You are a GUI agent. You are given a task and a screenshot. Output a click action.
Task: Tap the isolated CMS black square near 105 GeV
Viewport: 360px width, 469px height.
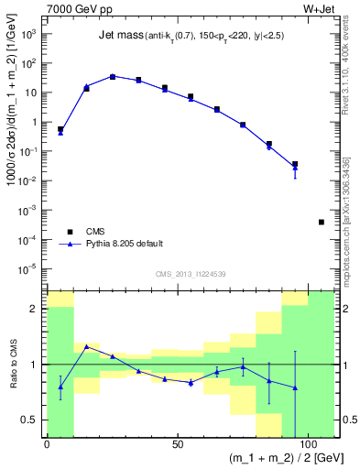[322, 222]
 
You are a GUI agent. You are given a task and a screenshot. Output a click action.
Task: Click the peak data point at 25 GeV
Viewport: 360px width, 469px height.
[113, 77]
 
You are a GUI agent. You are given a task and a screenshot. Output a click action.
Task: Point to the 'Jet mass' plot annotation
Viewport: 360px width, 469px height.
[117, 36]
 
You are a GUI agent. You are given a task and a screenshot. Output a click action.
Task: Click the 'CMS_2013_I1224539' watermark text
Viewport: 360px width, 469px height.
[191, 273]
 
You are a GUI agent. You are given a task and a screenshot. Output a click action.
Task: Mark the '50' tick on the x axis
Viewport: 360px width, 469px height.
[176, 445]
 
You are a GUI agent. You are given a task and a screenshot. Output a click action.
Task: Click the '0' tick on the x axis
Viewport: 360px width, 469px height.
[47, 445]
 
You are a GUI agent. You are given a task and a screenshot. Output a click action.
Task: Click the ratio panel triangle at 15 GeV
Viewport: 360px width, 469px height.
[86, 347]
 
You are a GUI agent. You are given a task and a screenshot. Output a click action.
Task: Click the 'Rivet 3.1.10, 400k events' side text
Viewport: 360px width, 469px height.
[351, 73]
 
